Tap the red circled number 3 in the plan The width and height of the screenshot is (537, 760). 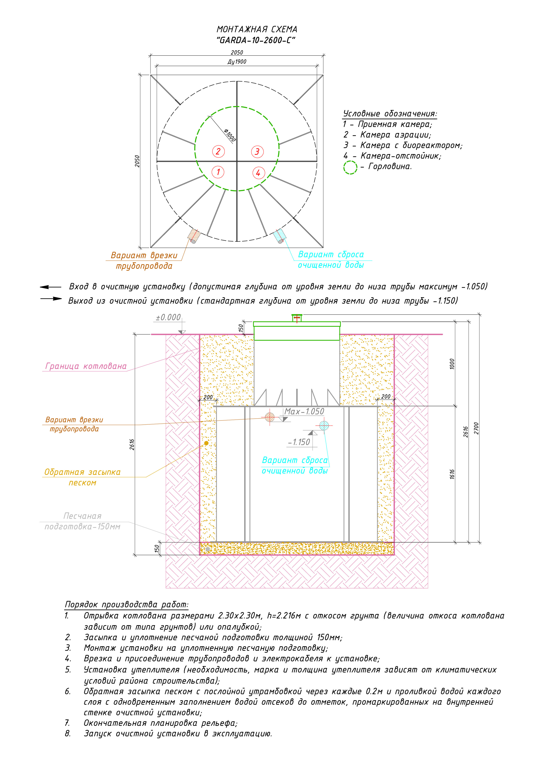click(257, 152)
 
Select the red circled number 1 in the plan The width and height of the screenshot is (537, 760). click(218, 172)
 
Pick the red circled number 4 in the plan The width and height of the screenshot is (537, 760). click(258, 173)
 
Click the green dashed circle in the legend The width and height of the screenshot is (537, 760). click(350, 167)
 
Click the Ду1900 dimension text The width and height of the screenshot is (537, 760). click(237, 62)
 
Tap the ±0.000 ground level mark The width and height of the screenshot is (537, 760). click(168, 317)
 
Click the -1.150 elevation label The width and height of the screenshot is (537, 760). click(299, 442)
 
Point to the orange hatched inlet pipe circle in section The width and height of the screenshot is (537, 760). click(270, 417)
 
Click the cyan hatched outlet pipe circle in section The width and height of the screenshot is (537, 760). click(324, 425)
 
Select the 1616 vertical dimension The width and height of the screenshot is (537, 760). click(452, 474)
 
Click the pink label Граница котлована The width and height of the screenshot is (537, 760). click(86, 366)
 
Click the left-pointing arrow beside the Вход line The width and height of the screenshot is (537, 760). click(50, 287)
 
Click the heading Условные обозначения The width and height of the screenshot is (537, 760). click(390, 114)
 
